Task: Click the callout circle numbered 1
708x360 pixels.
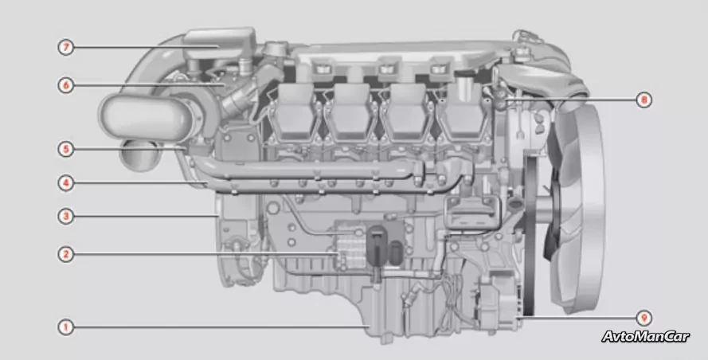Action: click(x=66, y=327)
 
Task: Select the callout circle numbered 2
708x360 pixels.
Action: click(x=66, y=253)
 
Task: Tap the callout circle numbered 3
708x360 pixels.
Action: click(x=66, y=216)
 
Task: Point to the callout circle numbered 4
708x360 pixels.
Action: click(x=66, y=182)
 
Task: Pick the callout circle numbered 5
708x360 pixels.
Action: click(x=66, y=149)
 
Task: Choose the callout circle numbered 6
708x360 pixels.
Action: click(x=66, y=84)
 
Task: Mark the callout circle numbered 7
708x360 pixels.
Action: click(x=66, y=47)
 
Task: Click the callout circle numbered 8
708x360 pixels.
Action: click(x=643, y=99)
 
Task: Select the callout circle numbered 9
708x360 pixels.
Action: click(x=643, y=318)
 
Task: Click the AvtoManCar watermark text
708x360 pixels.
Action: click(x=645, y=337)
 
